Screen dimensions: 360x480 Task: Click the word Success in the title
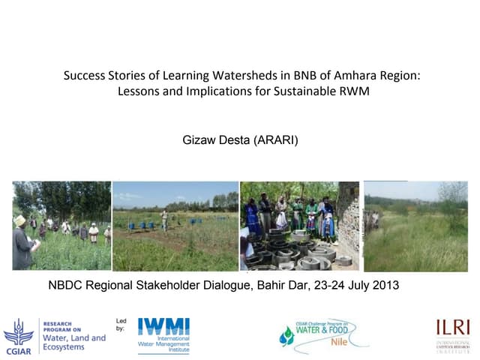(82, 76)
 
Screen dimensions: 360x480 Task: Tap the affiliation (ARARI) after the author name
(276, 139)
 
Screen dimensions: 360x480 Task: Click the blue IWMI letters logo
(163, 327)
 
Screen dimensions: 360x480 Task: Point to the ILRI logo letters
(453, 328)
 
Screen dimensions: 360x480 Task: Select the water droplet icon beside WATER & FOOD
(286, 337)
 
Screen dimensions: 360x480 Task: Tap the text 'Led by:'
(121, 325)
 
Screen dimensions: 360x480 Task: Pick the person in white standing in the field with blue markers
(164, 220)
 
